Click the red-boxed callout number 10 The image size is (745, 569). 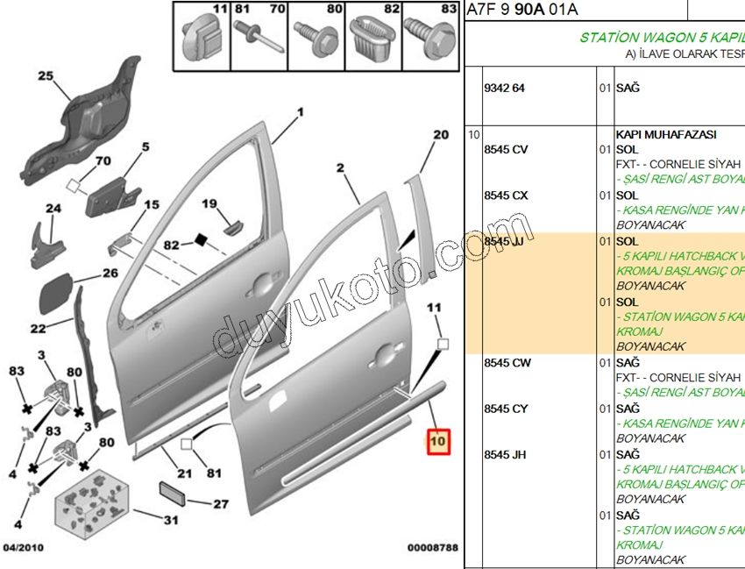click(437, 441)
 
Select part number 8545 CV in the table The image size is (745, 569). click(506, 149)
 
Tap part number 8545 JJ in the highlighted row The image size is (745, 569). click(506, 240)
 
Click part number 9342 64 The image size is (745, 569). click(505, 89)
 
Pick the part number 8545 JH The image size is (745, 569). click(506, 454)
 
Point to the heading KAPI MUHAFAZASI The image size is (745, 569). click(666, 134)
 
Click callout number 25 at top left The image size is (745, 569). click(45, 75)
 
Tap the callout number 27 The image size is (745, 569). click(220, 504)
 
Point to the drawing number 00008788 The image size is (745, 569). click(433, 547)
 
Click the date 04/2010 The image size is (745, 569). click(24, 547)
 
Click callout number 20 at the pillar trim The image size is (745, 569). click(440, 134)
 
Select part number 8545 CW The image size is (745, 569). click(507, 362)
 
